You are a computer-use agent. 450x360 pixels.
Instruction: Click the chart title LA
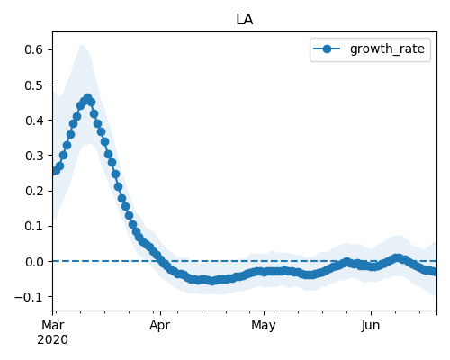click(245, 20)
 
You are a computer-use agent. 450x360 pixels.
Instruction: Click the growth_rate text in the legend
click(387, 49)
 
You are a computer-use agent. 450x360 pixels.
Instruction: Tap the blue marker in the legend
click(327, 49)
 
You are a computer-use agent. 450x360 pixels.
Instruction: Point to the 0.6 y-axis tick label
click(34, 49)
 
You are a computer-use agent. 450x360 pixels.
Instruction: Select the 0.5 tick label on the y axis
click(34, 85)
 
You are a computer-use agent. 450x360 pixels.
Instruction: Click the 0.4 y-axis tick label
click(34, 121)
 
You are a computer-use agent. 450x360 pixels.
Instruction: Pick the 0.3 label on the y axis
click(34, 156)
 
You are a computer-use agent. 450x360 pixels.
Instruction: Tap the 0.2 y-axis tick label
click(34, 191)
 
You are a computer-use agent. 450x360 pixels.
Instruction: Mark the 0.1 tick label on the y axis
click(34, 226)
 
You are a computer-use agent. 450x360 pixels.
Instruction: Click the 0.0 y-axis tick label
click(34, 262)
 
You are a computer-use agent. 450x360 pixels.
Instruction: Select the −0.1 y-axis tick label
click(29, 297)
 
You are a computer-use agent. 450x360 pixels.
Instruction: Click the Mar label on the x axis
click(53, 325)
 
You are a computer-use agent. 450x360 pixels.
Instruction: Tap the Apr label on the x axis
click(160, 326)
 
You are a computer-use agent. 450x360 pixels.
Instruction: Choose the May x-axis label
click(264, 326)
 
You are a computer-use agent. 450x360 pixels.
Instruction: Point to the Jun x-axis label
click(371, 325)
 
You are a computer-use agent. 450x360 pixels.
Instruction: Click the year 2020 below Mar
click(53, 340)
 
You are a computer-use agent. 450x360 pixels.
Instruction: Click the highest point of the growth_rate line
click(87, 98)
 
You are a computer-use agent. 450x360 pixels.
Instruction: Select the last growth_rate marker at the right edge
click(435, 272)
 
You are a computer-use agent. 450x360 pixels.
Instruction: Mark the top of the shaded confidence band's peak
click(82, 44)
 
